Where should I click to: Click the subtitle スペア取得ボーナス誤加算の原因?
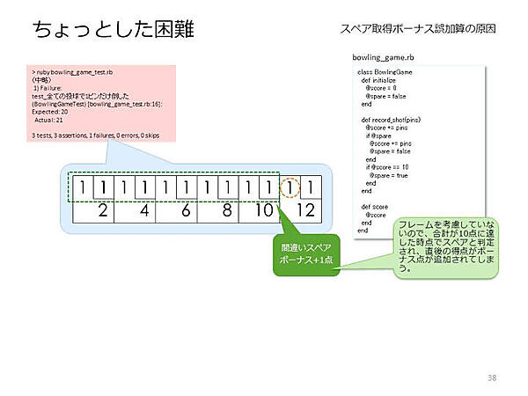418,29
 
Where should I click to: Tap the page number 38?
492,378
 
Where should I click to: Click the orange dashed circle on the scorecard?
290,187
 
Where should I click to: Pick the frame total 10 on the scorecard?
264,211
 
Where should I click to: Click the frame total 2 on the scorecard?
103,211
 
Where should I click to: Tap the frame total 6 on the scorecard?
185,211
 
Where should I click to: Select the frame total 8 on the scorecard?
226,211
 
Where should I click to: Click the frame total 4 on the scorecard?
144,211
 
